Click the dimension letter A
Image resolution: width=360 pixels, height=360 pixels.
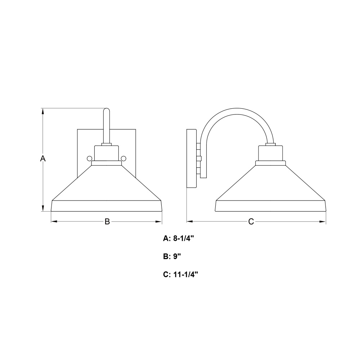pos(43,158)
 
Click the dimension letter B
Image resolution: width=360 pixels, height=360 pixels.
pos(107,221)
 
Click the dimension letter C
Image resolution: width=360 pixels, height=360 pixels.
pos(251,221)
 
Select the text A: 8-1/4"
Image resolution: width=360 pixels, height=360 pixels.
pos(179,239)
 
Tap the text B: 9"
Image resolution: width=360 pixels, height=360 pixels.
pos(172,256)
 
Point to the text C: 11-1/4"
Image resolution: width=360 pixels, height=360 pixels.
pos(180,274)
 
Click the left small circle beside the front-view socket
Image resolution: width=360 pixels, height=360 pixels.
pos(89,158)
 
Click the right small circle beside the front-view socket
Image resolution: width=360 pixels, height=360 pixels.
pos(123,158)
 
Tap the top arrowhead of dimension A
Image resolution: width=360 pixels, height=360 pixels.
pos(43,111)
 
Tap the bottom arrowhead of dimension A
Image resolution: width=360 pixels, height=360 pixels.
pos(43,208)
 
